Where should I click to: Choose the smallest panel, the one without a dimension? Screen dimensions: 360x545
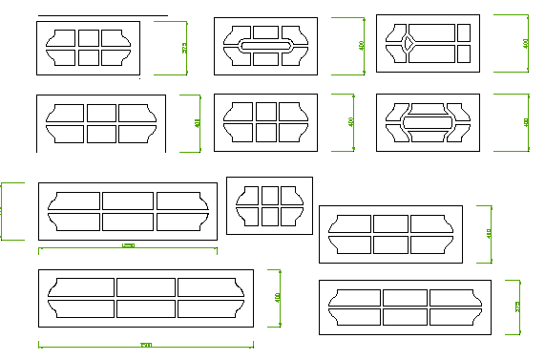[268, 205]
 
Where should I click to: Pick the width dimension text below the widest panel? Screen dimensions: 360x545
[145, 345]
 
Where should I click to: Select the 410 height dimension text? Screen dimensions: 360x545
[489, 233]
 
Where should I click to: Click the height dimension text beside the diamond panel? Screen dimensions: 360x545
[526, 43]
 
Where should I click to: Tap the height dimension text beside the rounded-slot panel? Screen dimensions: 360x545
[361, 45]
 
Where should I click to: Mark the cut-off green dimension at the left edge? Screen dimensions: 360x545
[4, 210]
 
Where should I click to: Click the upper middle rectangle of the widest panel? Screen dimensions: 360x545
[145, 286]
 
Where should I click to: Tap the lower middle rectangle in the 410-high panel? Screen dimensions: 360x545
[390, 244]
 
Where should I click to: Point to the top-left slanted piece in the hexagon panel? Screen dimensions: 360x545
[397, 107]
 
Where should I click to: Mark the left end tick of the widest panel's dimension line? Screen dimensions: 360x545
[38, 345]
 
